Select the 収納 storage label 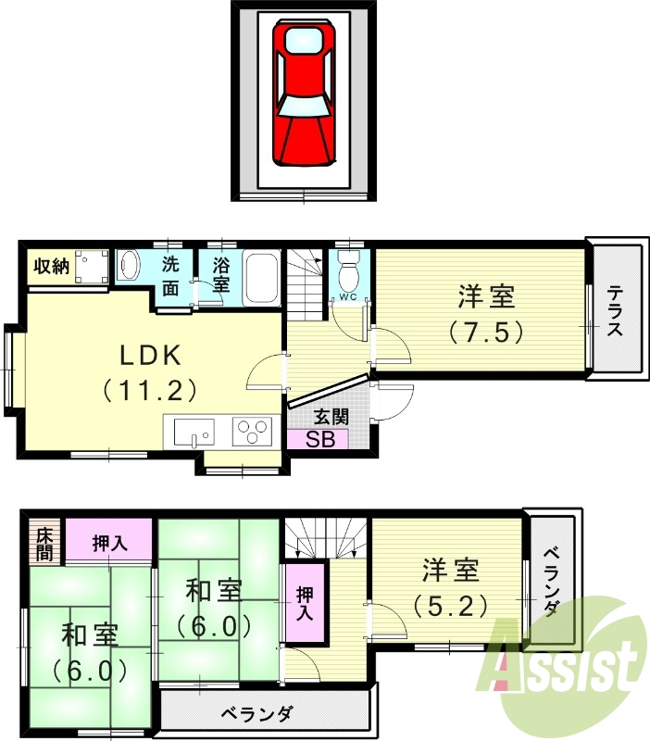click(52, 267)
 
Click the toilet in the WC click(349, 270)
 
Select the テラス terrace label click(615, 311)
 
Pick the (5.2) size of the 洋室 click(451, 607)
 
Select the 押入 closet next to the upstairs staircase click(305, 602)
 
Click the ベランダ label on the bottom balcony click(256, 714)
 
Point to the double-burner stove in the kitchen click(253, 429)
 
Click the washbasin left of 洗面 click(129, 267)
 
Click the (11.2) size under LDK click(150, 390)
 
